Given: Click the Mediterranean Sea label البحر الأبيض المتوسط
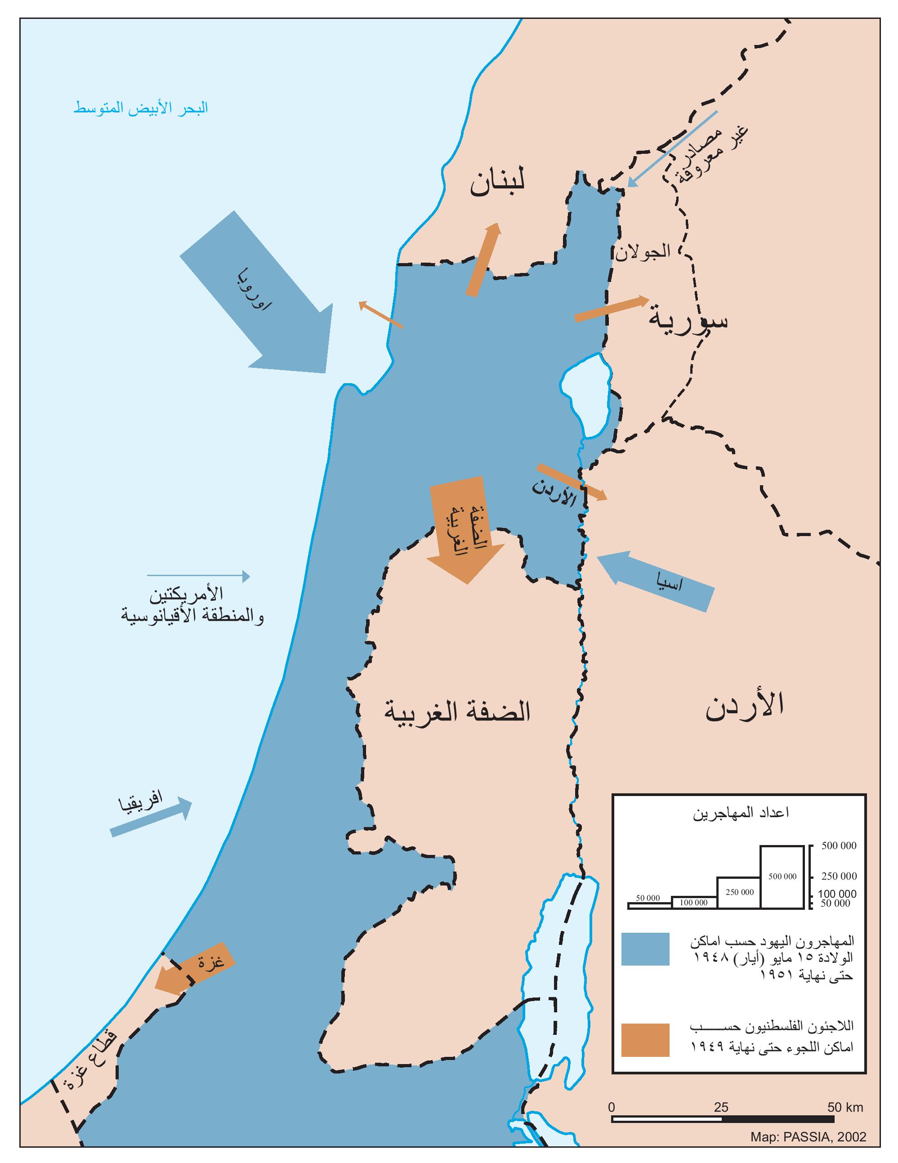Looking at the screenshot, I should (141, 108).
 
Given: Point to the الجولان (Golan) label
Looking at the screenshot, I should (643, 251).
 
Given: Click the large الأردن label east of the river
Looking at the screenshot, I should (745, 706).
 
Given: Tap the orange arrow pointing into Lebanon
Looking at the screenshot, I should (484, 259).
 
